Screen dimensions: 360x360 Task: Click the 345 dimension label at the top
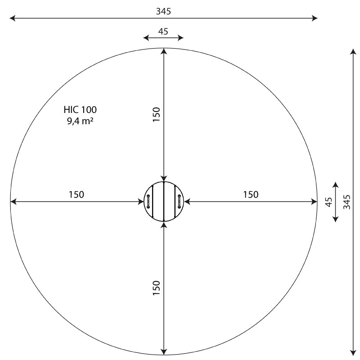point(163,11)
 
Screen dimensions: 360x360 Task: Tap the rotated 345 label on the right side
point(347,202)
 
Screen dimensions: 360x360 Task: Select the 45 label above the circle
point(163,31)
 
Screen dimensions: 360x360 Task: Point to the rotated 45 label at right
point(329,202)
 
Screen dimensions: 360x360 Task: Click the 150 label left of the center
point(76,194)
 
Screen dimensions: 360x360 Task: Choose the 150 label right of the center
point(251,194)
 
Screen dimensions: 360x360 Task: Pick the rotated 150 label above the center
point(156,114)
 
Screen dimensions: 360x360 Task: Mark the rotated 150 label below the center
point(156,288)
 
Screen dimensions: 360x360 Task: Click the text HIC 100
point(80,110)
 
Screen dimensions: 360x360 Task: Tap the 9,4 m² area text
point(80,121)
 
